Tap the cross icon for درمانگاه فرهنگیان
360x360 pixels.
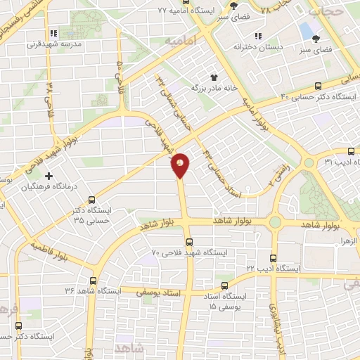(49, 176)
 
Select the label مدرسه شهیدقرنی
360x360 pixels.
(74, 44)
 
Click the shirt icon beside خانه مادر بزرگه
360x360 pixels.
(215, 77)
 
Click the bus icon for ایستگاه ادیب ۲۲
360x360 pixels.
(274, 258)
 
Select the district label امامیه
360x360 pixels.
(178, 41)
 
